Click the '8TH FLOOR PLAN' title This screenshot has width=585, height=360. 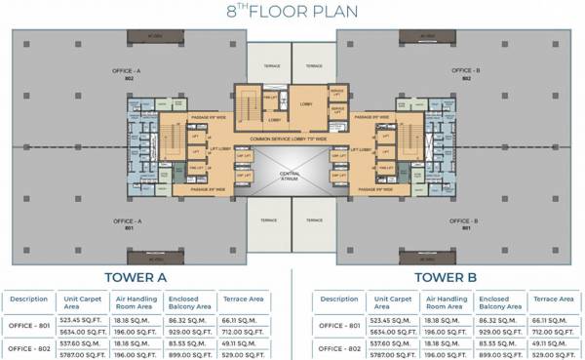coord(293,13)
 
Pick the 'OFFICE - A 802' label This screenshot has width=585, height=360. coord(128,75)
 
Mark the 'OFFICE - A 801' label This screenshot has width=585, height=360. coord(128,223)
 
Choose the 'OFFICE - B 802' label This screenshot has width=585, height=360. coord(463,75)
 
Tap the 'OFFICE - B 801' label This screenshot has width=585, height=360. coord(463,223)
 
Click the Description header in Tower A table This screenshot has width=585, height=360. coord(28,300)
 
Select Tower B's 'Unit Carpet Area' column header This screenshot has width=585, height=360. coord(384,303)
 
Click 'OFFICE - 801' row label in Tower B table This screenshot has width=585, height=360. coord(334,325)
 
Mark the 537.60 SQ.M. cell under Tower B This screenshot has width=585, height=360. coord(384,343)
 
